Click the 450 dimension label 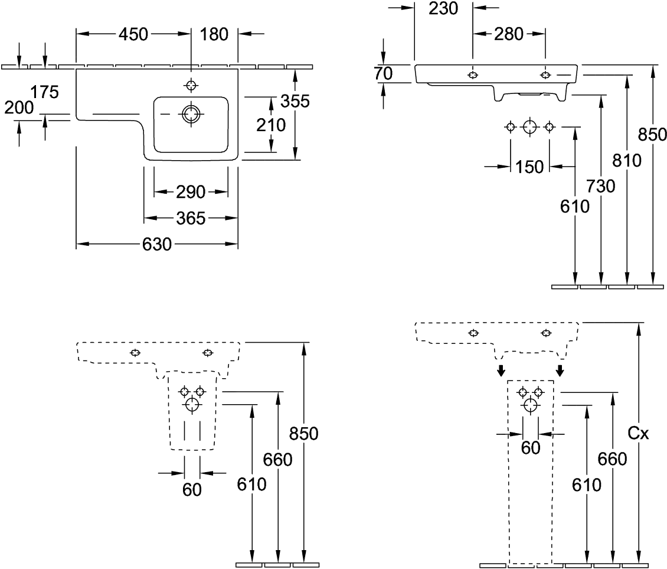point(133,35)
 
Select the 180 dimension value point(214,35)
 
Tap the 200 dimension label point(19,108)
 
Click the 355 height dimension point(295,102)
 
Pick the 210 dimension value point(271,125)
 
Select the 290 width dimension point(190,191)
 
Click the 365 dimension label point(191,219)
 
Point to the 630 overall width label point(158,244)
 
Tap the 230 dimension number point(443,8)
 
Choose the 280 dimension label point(509,35)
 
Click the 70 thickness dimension point(383,73)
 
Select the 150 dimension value point(529,167)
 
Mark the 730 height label point(601,186)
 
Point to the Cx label point(638,434)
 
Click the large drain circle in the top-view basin point(191,114)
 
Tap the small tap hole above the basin point(190,86)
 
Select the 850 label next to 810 point(653,135)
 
